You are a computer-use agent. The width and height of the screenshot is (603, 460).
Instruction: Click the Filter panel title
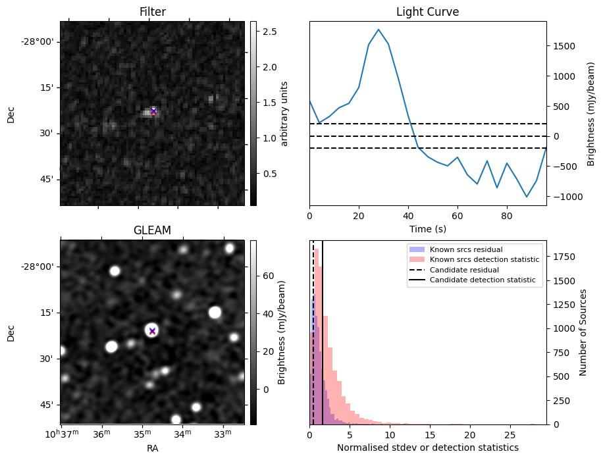[152, 13]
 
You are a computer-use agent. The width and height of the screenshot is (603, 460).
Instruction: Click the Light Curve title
[427, 13]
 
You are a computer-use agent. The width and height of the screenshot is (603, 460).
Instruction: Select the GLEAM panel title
[152, 230]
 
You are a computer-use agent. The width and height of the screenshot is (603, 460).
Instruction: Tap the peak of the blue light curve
[379, 30]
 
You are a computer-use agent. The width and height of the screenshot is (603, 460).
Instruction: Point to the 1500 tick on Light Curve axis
[566, 46]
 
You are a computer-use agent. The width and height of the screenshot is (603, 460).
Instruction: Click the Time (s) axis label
[427, 228]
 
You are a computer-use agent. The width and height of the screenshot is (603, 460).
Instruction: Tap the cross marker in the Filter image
[153, 111]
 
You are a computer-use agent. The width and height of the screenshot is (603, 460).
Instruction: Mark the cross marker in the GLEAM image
[152, 331]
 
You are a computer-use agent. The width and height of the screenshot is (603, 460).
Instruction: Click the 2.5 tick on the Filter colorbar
[270, 32]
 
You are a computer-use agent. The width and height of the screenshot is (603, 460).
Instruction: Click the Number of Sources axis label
[583, 332]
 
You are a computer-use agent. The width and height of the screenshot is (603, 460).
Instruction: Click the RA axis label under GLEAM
[152, 447]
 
